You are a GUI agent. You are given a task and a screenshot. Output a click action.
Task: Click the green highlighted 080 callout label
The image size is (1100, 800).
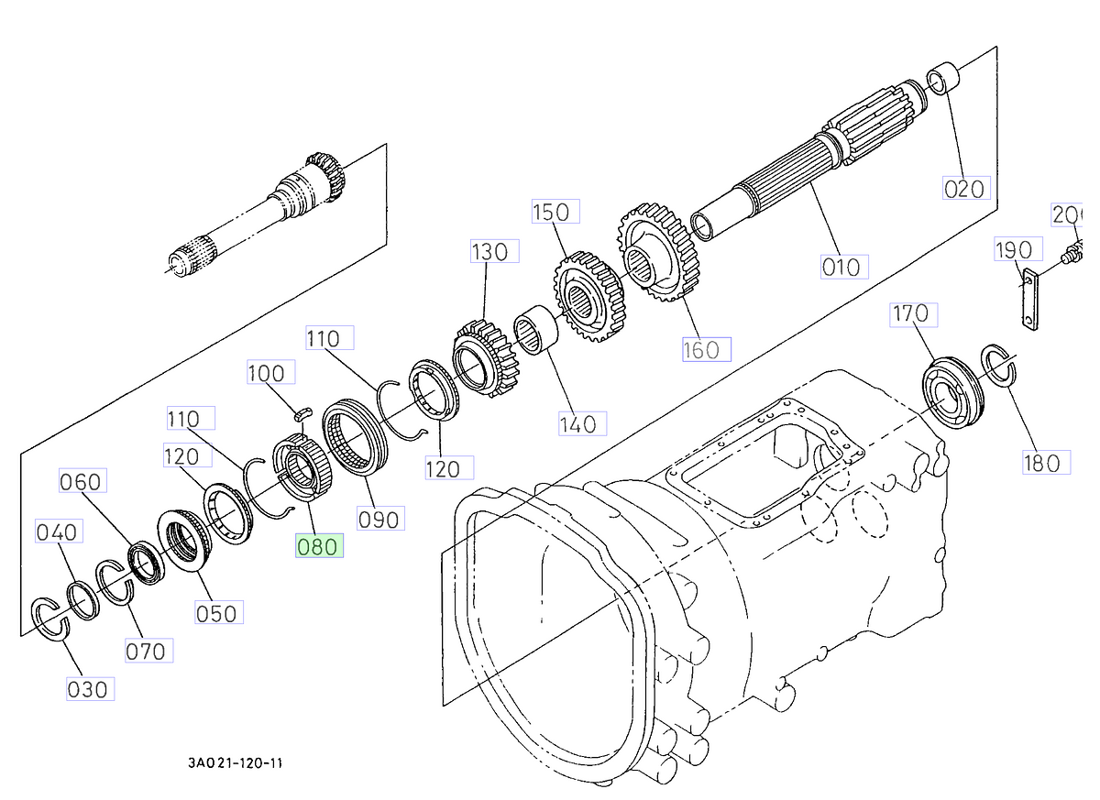coord(317,547)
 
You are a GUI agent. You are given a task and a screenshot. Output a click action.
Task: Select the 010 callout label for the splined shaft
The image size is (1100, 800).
coord(841,267)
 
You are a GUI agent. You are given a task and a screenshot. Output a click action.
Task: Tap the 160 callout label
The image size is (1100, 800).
coord(707,350)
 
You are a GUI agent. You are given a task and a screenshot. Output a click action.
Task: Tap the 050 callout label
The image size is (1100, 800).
coord(217,613)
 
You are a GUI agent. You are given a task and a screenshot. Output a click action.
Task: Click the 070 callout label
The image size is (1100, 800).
coord(147,651)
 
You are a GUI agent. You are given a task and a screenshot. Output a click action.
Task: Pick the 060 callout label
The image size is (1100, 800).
coord(82,480)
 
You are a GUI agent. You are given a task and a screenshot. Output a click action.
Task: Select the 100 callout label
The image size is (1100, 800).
coord(270,373)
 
